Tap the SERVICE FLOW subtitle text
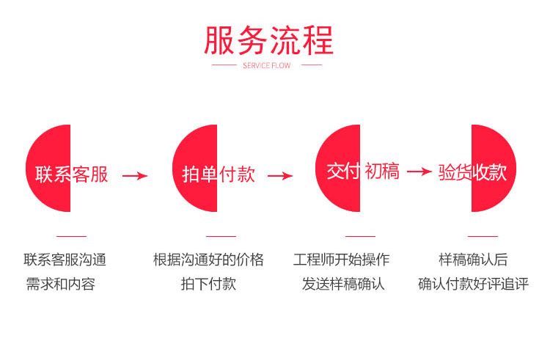tap(266, 65)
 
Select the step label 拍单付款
tap(219, 175)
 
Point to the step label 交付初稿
tap(362, 172)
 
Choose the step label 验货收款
tap(472, 172)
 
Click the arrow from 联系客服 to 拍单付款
tap(135, 175)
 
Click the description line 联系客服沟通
tap(65, 260)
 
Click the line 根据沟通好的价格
tap(208, 260)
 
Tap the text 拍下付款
tap(208, 284)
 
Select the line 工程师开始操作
tap(342, 260)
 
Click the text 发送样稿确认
tap(343, 284)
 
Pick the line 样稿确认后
tap(473, 260)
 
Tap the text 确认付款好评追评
tap(473, 284)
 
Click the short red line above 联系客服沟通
tap(71, 236)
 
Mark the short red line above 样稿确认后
tap(483, 236)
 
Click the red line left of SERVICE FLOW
tap(224, 65)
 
